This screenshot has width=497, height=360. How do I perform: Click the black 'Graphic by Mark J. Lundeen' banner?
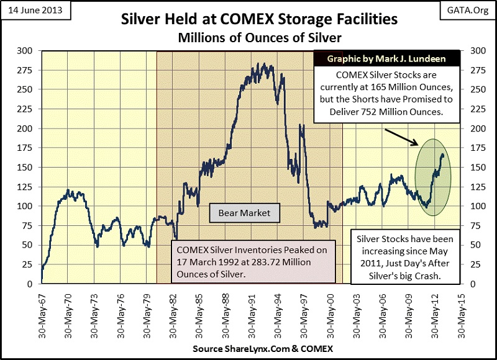(x=388, y=59)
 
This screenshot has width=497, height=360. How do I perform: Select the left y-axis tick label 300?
(x=28, y=51)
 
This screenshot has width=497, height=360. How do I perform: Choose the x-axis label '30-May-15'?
(x=458, y=308)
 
